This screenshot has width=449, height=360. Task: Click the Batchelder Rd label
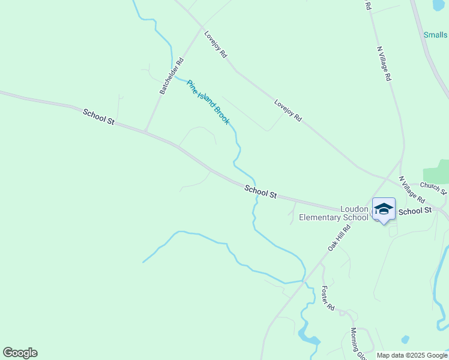click(x=172, y=76)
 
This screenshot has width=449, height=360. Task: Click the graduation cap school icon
click(x=384, y=209)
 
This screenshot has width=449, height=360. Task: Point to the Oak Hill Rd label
click(x=339, y=238)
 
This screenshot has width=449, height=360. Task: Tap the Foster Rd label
click(x=328, y=298)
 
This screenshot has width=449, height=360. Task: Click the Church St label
click(x=434, y=189)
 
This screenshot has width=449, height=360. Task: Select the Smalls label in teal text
click(x=436, y=35)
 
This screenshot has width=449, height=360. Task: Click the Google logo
click(x=20, y=353)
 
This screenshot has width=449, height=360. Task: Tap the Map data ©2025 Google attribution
click(x=412, y=355)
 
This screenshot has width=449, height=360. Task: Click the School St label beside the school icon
click(x=415, y=211)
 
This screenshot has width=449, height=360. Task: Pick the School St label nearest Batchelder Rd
click(x=98, y=116)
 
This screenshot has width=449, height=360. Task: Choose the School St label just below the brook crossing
click(x=261, y=192)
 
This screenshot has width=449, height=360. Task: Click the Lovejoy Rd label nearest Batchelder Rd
click(x=215, y=44)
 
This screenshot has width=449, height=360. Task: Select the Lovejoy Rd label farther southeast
click(x=288, y=111)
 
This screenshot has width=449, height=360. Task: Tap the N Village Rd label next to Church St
click(x=412, y=190)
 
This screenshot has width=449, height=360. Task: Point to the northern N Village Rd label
click(x=384, y=64)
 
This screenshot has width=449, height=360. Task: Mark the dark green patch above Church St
click(x=436, y=172)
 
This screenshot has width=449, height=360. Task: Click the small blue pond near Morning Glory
click(x=405, y=340)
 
